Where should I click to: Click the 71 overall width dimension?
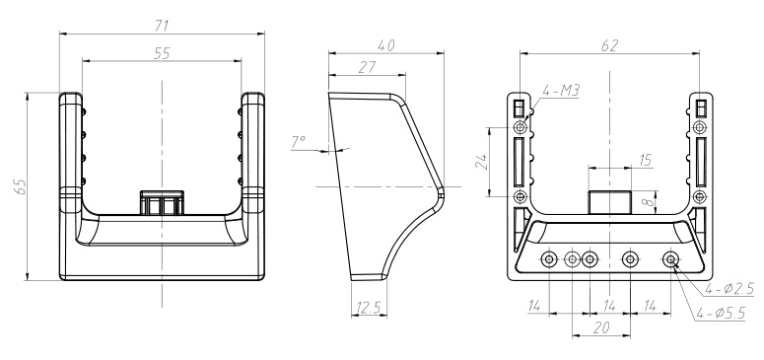pyautogui.click(x=162, y=26)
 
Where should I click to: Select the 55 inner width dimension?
pyautogui.click(x=162, y=52)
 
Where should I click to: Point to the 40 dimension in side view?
pyautogui.click(x=385, y=45)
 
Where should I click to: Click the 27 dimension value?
pyautogui.click(x=367, y=67)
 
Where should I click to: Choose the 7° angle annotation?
pyautogui.click(x=298, y=142)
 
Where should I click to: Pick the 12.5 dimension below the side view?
pyautogui.click(x=369, y=308)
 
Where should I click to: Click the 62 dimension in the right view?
pyautogui.click(x=609, y=45)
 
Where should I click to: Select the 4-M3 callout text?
pyautogui.click(x=560, y=90)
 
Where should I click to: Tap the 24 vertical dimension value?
pyautogui.click(x=481, y=162)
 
